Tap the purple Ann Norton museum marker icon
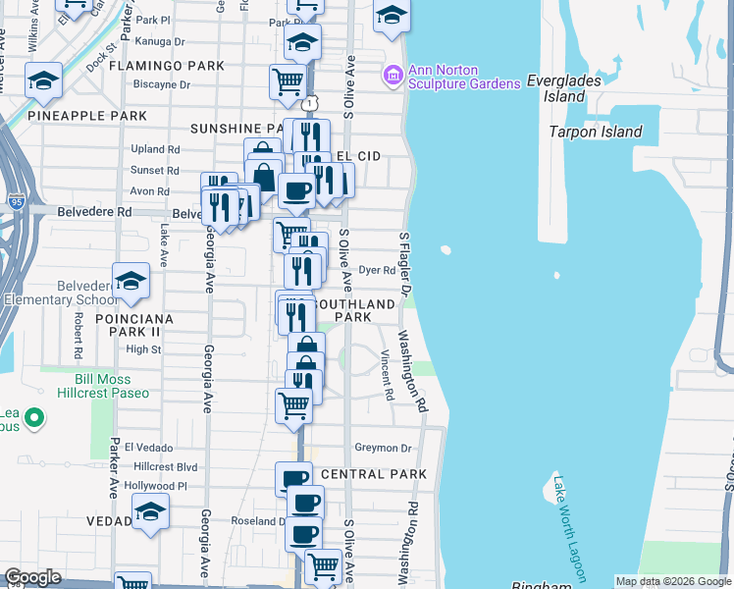coord(393,75)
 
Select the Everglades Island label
coord(569,88)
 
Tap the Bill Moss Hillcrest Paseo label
coord(96,386)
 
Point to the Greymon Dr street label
coord(383,448)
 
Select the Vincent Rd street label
coord(388,377)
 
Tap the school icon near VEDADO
coord(150,511)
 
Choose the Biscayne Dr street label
coord(163,84)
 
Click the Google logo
coord(33,577)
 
